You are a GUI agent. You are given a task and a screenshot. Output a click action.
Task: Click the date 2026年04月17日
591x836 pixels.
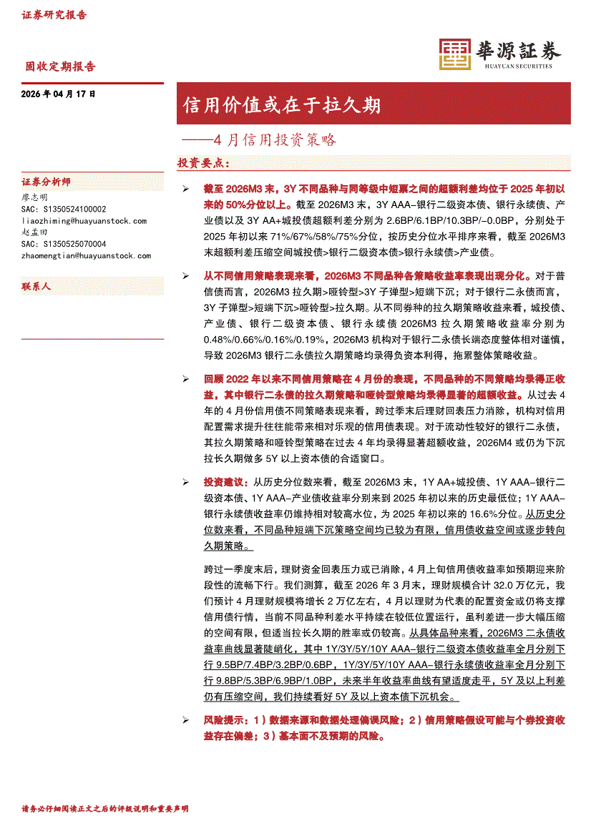(x=58, y=94)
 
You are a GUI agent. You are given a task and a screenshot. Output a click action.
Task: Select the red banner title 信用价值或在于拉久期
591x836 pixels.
(x=281, y=106)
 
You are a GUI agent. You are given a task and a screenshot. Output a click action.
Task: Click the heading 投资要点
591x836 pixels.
(x=203, y=164)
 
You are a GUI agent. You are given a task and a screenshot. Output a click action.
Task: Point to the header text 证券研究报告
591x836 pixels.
(x=54, y=15)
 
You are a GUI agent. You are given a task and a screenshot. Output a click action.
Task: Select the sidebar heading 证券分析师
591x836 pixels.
(x=47, y=182)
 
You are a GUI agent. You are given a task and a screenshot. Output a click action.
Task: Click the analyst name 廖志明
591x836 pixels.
(x=35, y=197)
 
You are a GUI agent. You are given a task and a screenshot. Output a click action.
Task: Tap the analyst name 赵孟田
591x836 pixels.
(x=35, y=232)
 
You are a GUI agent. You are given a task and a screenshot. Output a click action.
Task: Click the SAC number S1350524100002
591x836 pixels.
(x=64, y=210)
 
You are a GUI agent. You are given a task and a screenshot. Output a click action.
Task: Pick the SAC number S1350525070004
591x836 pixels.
(x=64, y=244)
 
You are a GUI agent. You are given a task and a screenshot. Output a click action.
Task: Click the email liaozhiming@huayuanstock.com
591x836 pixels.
(x=84, y=221)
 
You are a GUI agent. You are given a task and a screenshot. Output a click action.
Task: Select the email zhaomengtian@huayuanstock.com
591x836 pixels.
(x=87, y=255)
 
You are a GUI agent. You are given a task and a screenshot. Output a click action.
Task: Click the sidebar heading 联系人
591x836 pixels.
(x=36, y=286)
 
